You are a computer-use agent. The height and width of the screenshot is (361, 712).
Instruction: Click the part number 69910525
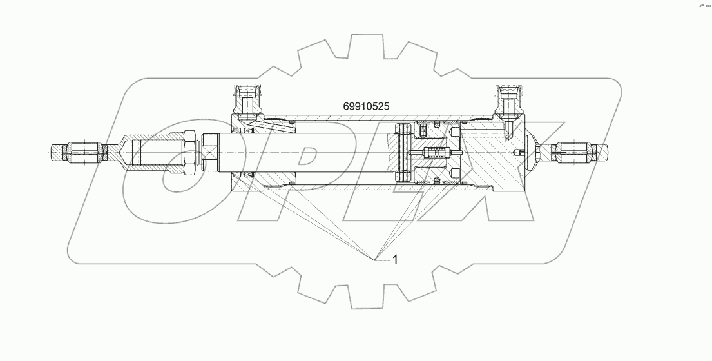coord(366,105)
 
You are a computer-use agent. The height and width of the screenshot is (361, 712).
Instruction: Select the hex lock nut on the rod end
coord(190,152)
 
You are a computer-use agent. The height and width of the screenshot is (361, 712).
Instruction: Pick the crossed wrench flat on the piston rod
coord(211,153)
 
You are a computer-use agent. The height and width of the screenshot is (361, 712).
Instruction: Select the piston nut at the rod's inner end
coord(403,153)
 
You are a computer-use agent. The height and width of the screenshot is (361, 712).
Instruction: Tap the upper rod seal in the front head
coord(247,132)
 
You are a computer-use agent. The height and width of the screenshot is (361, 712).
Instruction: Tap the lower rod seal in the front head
coord(247,175)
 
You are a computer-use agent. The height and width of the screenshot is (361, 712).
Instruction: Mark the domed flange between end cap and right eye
coord(532,152)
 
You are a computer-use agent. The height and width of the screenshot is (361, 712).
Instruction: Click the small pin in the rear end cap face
coord(520,153)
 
